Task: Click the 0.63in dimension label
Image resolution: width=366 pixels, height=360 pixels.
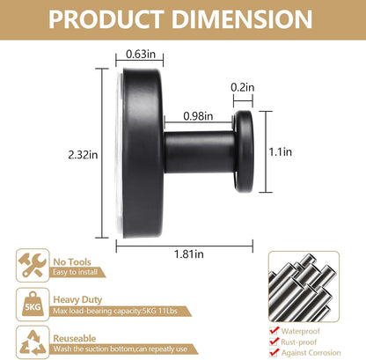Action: tap(141, 54)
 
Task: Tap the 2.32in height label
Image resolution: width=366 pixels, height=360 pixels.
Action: tap(83, 155)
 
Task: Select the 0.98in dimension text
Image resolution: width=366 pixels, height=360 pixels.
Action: tap(198, 116)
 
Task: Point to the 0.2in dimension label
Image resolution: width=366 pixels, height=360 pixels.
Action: tap(243, 87)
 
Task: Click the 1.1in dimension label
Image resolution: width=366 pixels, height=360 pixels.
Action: tap(281, 151)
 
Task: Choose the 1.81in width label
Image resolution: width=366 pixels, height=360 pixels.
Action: tap(189, 253)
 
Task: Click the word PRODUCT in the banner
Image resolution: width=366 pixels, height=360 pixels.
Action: tap(106, 19)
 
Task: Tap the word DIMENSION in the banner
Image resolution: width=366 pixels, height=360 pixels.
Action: tap(242, 19)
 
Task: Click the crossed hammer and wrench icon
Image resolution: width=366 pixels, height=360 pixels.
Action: tap(33, 265)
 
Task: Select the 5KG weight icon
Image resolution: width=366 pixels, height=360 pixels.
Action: tap(33, 305)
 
